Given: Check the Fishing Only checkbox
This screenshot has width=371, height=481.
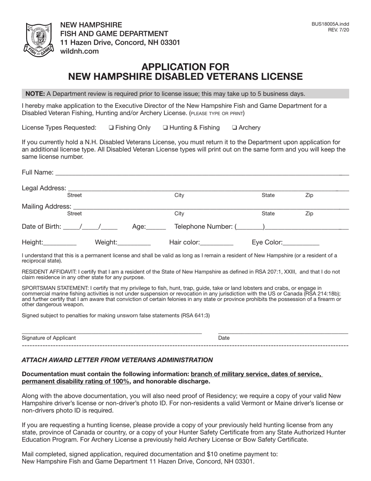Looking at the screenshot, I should [111, 128].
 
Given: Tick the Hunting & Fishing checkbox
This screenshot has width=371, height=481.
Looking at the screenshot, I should [165, 128].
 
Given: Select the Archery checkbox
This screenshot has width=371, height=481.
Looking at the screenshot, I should [234, 128].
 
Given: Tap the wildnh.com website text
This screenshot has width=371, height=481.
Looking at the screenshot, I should [79, 51].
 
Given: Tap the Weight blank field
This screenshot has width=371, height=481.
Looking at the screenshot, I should [134, 243].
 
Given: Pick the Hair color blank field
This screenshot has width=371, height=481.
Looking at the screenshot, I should [217, 243].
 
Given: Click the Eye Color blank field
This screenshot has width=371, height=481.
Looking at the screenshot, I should [301, 243].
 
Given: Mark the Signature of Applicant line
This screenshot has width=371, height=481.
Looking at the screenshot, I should [112, 332].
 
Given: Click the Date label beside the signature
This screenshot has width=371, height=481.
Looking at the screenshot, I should [224, 338].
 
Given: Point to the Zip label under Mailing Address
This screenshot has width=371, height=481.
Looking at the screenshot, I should [309, 214].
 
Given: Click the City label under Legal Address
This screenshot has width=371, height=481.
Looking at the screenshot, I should [179, 195].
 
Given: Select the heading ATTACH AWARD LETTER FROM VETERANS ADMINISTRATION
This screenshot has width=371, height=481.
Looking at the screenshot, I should [117, 360].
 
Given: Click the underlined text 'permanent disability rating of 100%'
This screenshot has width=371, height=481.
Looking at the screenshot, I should [76, 382].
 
